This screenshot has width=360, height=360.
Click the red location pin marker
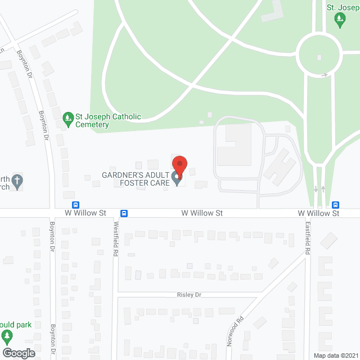point(179,165)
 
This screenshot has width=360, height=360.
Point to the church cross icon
point(17,181)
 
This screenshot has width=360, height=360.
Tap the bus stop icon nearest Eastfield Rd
point(336,205)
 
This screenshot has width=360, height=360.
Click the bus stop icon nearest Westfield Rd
point(124,213)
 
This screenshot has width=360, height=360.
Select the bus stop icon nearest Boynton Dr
point(75,205)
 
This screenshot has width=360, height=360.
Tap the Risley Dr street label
point(189,295)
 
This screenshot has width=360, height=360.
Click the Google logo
point(18,353)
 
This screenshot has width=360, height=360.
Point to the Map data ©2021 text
point(335,355)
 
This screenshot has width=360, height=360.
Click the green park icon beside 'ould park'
point(7,337)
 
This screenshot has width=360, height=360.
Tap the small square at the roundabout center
point(319,57)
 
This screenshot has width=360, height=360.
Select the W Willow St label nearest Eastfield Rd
point(318,214)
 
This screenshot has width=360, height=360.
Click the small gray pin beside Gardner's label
point(177,179)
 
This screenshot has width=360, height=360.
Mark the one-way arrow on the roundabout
point(325,75)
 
